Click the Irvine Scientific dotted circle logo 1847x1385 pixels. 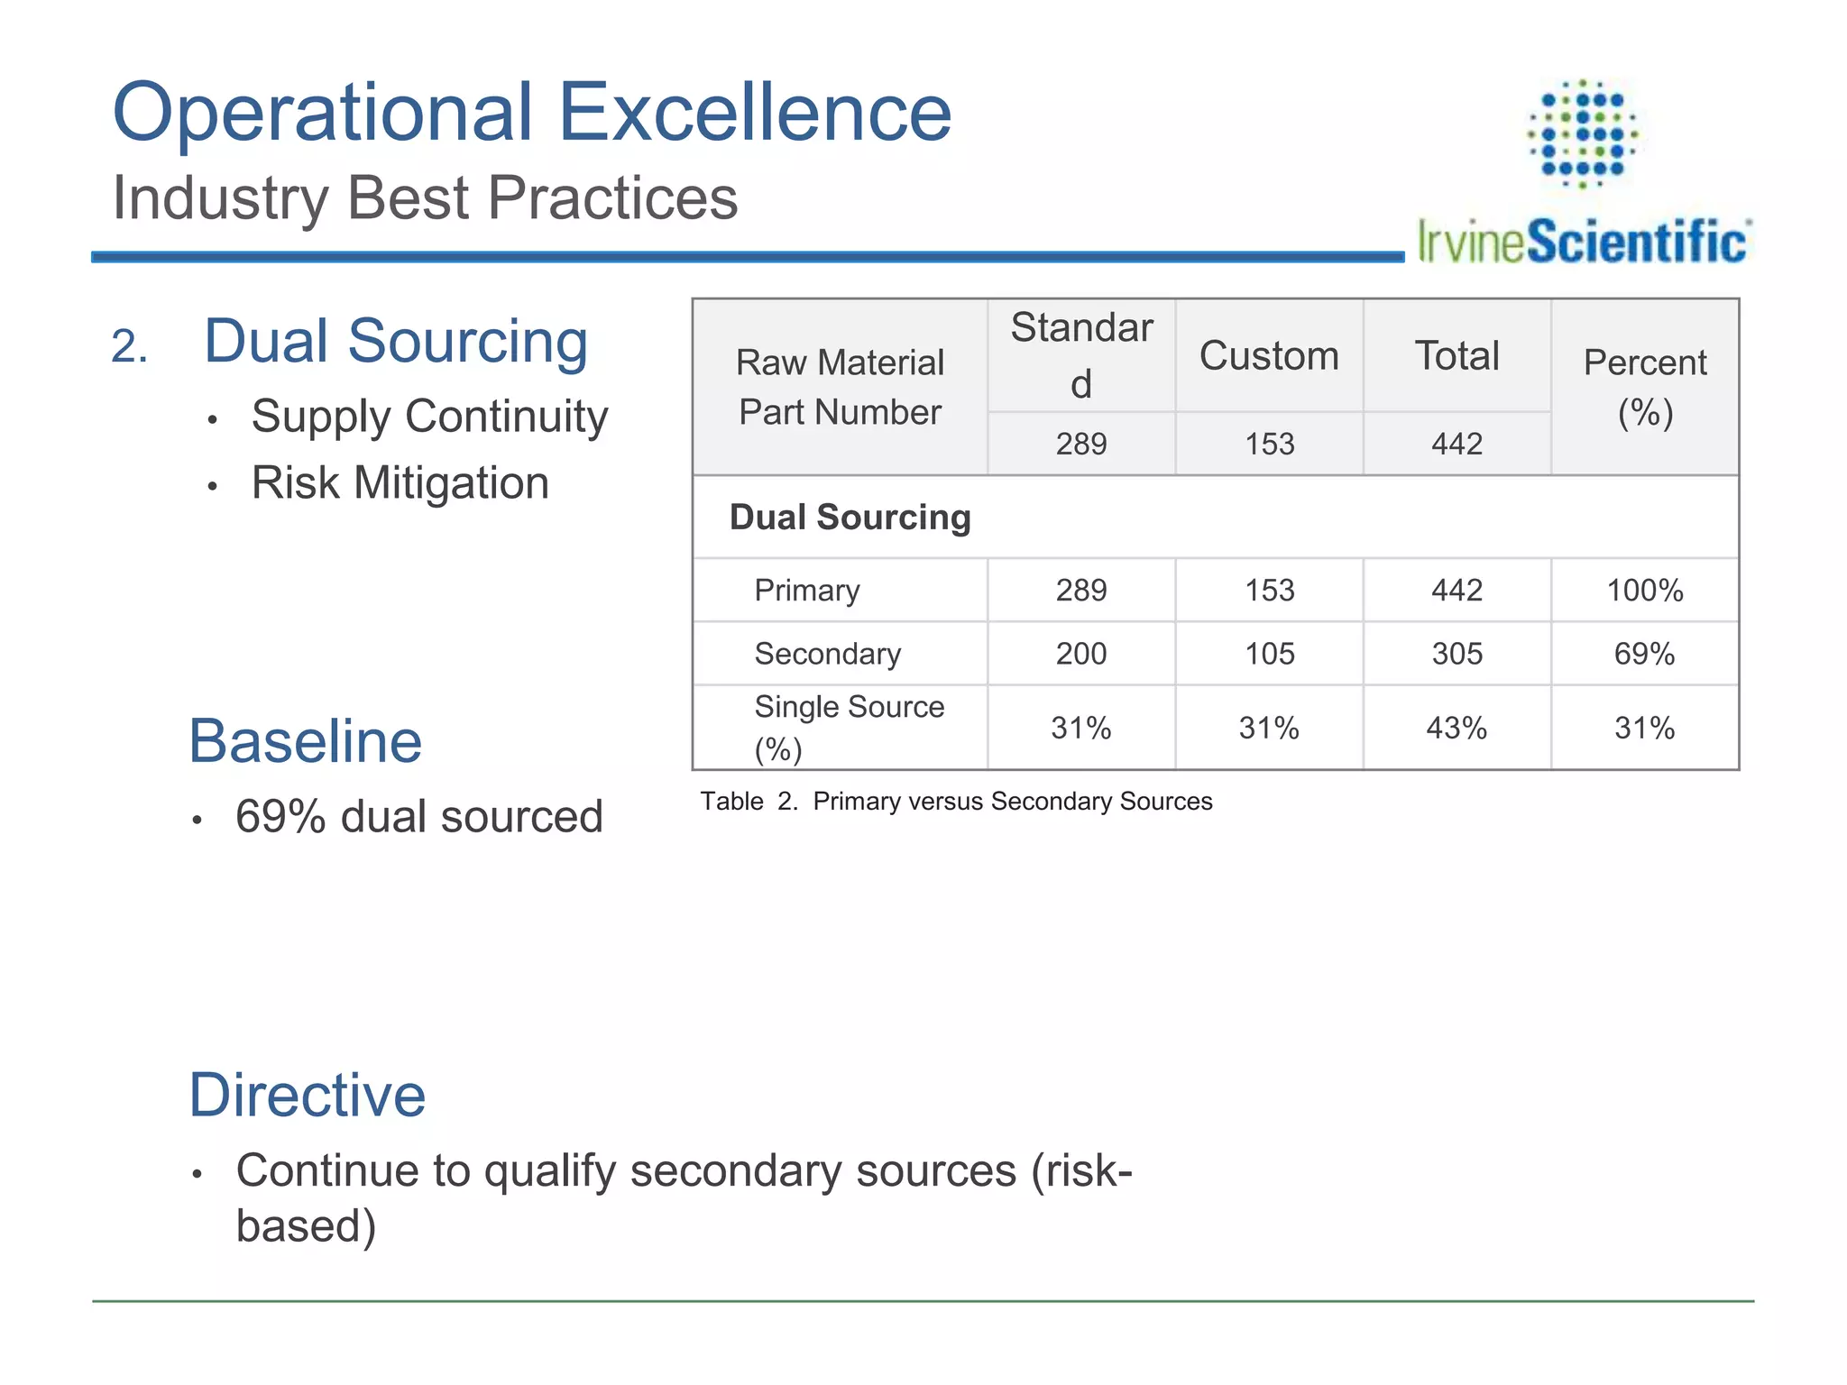1583,133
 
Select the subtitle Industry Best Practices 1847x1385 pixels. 425,197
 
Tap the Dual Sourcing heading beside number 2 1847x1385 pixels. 396,341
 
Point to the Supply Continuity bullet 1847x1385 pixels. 429,417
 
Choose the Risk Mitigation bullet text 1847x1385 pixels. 400,483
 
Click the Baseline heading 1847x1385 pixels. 305,741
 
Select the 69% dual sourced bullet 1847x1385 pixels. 418,817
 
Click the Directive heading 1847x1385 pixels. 307,1095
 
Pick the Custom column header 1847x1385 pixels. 1269,355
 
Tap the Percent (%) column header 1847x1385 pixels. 1645,387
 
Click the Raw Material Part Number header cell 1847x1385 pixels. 840,387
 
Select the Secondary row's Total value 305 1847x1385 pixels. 1456,654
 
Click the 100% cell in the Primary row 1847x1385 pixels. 1644,591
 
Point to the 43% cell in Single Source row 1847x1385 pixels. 1456,728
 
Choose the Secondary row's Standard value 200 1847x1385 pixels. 1081,654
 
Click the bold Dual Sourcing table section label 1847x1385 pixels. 850,518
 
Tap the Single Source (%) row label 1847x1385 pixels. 849,727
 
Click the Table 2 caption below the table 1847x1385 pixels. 956,801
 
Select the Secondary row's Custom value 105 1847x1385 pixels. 1269,654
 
